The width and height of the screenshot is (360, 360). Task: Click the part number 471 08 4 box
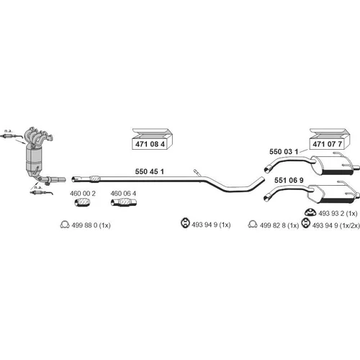pos(152,139)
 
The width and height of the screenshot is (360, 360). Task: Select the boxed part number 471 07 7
pos(330,139)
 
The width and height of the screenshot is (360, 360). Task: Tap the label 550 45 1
pos(149,171)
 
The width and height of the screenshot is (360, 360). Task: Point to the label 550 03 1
pos(284,152)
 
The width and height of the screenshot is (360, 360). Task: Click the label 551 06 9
pos(289,180)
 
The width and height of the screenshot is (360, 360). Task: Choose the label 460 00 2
pos(83,194)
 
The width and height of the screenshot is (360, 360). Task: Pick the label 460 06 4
pos(123,194)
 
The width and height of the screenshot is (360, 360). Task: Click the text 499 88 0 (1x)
pos(91,225)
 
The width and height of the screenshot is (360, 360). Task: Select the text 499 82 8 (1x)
pos(279,225)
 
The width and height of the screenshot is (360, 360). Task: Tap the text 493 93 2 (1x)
pos(338,213)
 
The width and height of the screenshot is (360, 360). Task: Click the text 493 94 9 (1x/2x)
pos(336,225)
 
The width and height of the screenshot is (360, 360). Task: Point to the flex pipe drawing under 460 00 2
pos(82,203)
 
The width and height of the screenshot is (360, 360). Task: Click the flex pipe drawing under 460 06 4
pos(124,202)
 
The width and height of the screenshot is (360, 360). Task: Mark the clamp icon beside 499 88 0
pos(65,225)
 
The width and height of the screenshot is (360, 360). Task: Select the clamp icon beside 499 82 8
pos(253,224)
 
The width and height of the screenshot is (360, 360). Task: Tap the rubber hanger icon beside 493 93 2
pos(310,212)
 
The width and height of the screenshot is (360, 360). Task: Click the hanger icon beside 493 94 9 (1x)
pos(185,222)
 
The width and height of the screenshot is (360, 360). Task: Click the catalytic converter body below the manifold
pos(34,158)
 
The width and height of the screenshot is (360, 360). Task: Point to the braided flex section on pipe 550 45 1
pos(94,179)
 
